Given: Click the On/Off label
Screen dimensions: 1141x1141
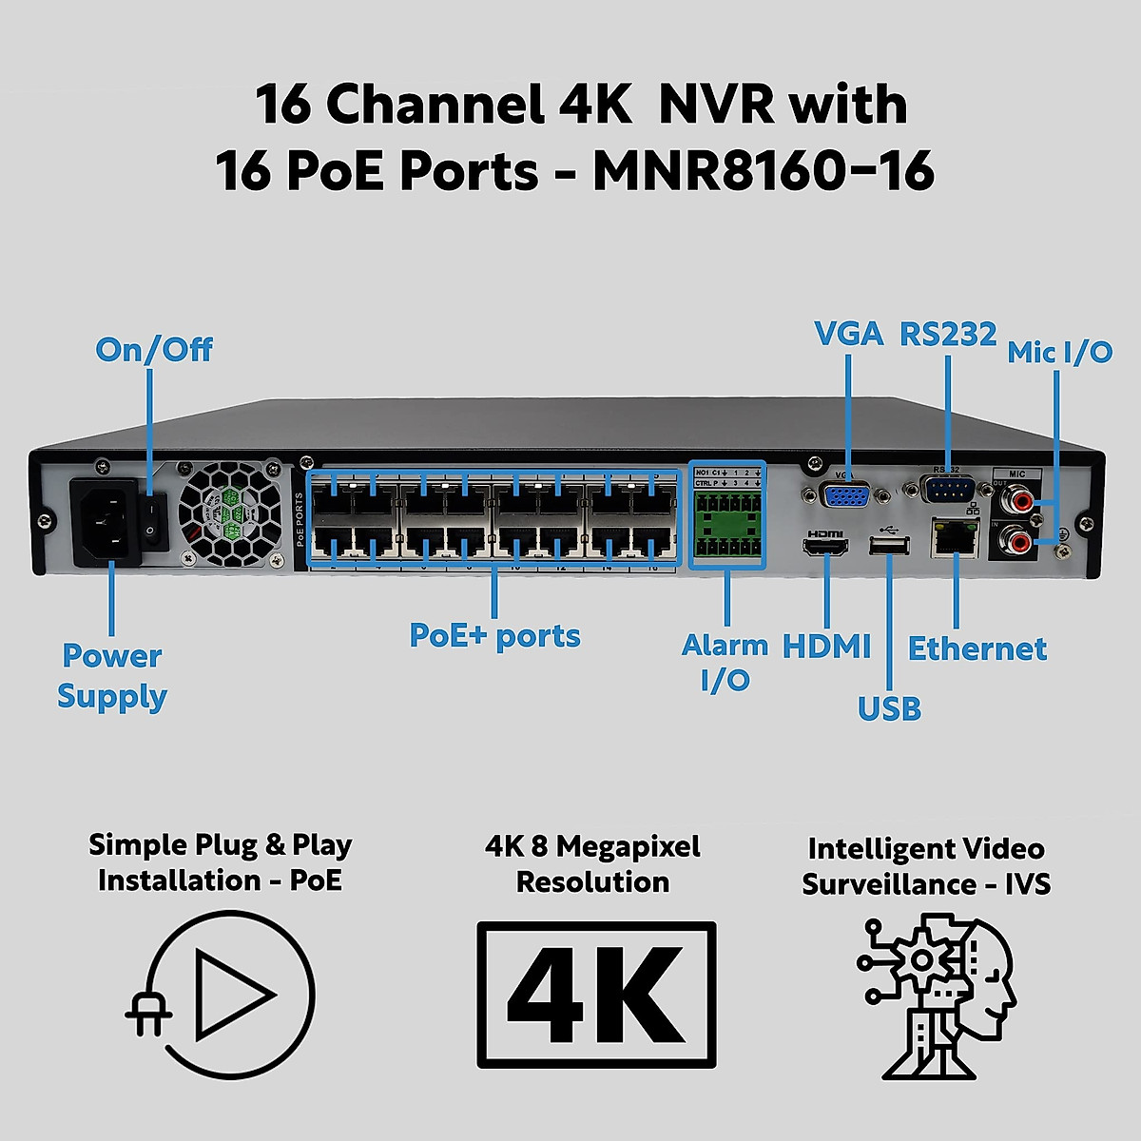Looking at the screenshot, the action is tap(154, 350).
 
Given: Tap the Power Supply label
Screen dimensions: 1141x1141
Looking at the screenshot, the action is tap(112, 676).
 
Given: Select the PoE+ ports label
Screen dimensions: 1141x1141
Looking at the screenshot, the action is tap(494, 636).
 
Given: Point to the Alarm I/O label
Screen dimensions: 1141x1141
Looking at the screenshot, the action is tap(725, 663).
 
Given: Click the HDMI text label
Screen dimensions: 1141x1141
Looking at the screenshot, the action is tap(826, 648).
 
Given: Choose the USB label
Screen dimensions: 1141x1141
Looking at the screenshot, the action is tap(889, 708).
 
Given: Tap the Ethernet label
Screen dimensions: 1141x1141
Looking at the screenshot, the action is tap(977, 648).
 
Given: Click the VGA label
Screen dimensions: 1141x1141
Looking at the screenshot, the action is tap(848, 334).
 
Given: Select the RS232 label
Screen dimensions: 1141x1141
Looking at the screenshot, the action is tap(948, 334).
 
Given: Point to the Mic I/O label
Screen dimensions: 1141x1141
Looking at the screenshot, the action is tap(1059, 352).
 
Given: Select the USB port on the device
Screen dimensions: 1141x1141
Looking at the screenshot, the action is tap(889, 545).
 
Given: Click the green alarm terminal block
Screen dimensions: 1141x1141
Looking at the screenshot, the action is tap(727, 525).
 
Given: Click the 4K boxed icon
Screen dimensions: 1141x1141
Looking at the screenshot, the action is tap(596, 995).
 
